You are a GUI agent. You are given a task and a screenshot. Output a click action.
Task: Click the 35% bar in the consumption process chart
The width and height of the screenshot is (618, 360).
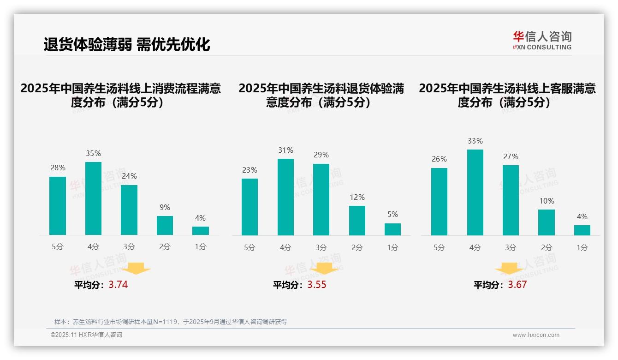93,198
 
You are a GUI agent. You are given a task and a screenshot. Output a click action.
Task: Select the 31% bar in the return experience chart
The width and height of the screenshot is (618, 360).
285,197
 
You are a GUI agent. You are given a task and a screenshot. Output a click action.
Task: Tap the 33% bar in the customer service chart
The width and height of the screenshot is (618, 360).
475,192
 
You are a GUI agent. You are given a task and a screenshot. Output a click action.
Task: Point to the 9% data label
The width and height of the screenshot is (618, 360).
165,208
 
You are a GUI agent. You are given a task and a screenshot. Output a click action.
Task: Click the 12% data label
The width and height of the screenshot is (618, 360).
357,198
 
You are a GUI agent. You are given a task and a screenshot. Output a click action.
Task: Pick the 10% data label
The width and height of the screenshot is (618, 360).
547,201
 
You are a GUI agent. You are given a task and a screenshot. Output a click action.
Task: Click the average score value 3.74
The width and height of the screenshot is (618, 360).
118,285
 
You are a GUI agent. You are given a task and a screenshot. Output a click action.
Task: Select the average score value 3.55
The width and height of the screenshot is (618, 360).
317,285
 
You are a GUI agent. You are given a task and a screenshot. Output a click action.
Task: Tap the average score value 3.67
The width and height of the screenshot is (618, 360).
517,285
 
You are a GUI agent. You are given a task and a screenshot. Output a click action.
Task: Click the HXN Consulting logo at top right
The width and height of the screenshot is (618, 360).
542,41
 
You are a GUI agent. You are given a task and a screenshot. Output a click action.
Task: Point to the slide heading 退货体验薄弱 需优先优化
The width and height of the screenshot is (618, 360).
127,44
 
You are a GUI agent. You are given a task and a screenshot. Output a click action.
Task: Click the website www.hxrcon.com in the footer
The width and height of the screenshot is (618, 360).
536,335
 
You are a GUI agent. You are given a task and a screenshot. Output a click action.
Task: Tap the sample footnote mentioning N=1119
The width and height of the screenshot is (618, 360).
171,322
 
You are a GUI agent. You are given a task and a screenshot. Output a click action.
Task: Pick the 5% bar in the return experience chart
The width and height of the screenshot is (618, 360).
392,229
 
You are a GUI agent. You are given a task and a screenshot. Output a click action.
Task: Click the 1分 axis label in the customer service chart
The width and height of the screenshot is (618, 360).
582,248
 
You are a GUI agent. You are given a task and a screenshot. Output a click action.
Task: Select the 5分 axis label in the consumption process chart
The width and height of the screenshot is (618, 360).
58,247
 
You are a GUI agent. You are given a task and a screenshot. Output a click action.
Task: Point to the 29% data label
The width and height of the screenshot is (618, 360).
321,155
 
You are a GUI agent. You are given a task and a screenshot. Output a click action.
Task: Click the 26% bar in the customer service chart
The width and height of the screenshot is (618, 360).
439,202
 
